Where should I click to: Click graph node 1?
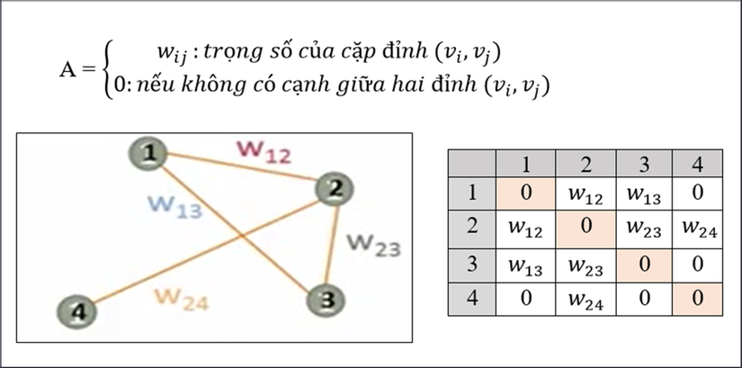coord(148,154)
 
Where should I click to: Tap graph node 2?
coord(335,190)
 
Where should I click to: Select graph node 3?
coord(326,301)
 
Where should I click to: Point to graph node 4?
coord(76,312)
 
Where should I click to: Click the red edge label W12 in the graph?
coord(264,151)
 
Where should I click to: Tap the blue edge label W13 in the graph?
coord(175,206)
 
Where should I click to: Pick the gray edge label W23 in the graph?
coord(374,245)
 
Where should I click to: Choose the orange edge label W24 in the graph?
coord(182,300)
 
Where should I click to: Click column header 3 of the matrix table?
coord(644,164)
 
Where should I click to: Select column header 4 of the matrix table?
coord(698,164)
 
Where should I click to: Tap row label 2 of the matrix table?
coord(472,226)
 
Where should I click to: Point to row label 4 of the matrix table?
coord(472,299)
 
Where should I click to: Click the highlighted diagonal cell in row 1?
coord(526,193)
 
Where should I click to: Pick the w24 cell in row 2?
coord(698,229)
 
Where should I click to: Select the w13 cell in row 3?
coord(525,265)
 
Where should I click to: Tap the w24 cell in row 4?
coord(586,300)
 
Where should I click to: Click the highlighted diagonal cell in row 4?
coord(698,299)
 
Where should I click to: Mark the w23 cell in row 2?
coord(644,229)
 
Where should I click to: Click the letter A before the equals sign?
coord(68,70)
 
